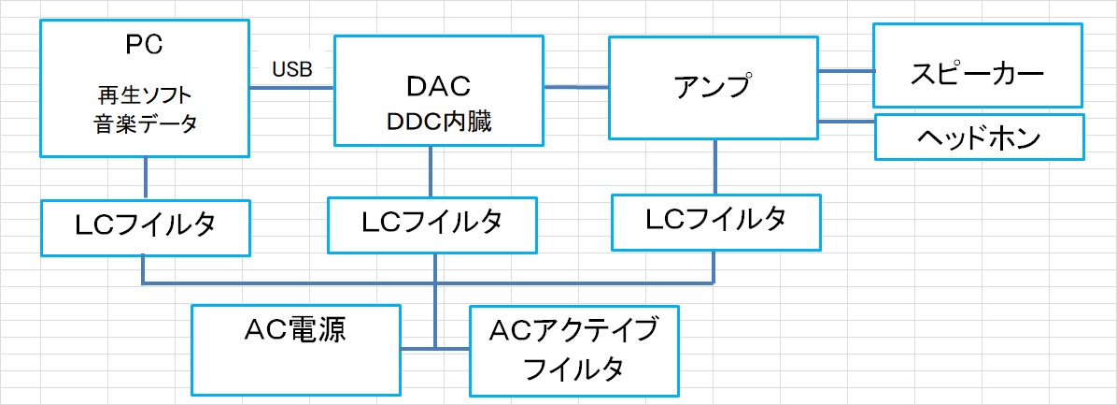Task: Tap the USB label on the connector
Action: click(x=292, y=68)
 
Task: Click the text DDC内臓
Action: click(x=437, y=123)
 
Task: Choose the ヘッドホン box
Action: click(x=979, y=138)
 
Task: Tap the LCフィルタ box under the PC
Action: click(x=146, y=227)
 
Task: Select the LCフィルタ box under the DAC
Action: click(x=432, y=224)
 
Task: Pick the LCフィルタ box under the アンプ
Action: click(x=715, y=221)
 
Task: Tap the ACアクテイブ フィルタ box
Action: click(x=573, y=350)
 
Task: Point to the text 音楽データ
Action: click(x=146, y=123)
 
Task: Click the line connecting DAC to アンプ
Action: click(x=575, y=87)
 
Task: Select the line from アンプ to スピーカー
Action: click(x=845, y=69)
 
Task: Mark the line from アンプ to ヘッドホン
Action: click(x=845, y=120)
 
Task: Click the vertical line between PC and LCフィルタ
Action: click(x=146, y=178)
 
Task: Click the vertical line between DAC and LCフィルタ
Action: click(x=431, y=170)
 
